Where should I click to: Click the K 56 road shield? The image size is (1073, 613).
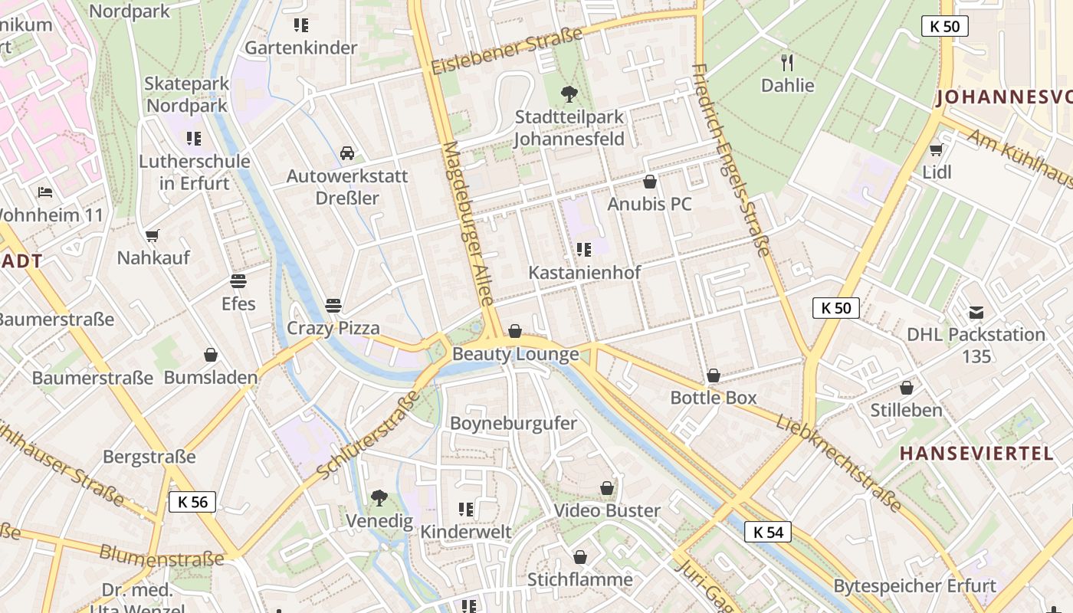[192, 502]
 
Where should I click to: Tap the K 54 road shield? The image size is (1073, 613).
[767, 532]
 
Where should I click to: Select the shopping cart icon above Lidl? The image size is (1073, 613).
[935, 149]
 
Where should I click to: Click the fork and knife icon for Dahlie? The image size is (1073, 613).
[787, 62]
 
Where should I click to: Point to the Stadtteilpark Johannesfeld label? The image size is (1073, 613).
[569, 128]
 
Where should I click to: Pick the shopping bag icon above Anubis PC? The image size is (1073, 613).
[649, 182]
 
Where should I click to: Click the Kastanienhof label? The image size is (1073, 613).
[584, 272]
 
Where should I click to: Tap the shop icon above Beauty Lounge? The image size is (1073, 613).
[515, 331]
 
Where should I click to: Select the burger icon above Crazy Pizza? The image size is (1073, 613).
[333, 306]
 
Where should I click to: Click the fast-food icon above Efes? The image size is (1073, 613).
[238, 281]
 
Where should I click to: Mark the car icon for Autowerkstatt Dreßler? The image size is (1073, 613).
[347, 153]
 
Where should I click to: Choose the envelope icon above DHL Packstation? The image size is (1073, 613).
[976, 312]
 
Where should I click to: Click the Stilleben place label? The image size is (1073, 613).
[906, 410]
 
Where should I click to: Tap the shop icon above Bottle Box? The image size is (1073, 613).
[713, 375]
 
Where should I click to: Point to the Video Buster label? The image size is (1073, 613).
[606, 510]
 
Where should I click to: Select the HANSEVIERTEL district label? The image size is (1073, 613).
[976, 454]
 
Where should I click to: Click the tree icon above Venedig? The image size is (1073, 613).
[379, 498]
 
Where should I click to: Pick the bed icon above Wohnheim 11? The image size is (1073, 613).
[45, 192]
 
